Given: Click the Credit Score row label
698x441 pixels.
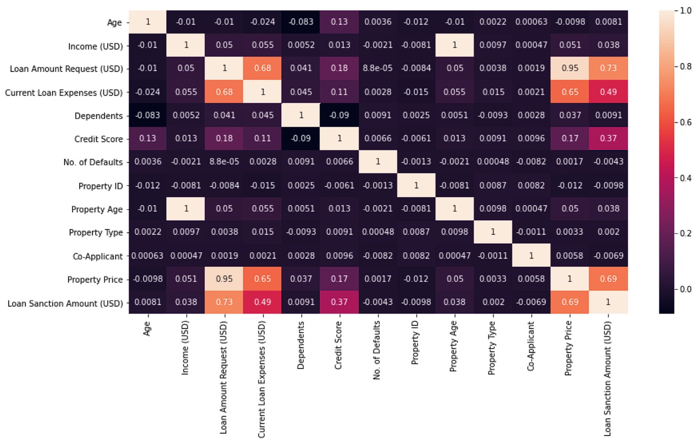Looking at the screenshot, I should pyautogui.click(x=101, y=139).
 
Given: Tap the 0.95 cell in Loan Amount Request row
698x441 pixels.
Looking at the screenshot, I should pyautogui.click(x=569, y=69).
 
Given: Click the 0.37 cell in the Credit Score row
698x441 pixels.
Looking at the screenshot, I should pyautogui.click(x=607, y=139).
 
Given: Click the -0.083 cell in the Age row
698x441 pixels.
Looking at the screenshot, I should pyautogui.click(x=301, y=22).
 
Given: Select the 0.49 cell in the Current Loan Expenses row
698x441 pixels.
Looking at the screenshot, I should pyautogui.click(x=607, y=93).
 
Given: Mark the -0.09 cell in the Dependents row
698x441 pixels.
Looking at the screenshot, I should pyautogui.click(x=339, y=116).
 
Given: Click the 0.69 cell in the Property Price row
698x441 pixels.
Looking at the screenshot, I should pyautogui.click(x=607, y=280).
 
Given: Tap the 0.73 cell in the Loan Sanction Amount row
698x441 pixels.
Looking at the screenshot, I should pyautogui.click(x=224, y=303).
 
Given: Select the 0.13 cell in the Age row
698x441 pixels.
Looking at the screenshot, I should pyautogui.click(x=339, y=22).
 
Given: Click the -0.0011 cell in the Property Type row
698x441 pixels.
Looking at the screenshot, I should pyautogui.click(x=531, y=233).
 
